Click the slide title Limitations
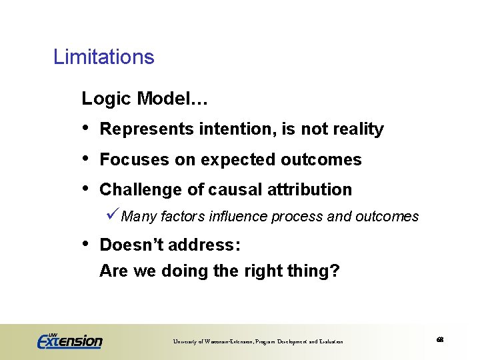point(103,57)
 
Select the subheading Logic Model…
point(145,99)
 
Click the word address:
point(205,245)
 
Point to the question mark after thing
point(335,272)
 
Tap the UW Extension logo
point(69,341)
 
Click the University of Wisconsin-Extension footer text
point(258,341)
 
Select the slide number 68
point(440,340)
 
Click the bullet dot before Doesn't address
point(85,244)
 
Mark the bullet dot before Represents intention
point(85,128)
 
